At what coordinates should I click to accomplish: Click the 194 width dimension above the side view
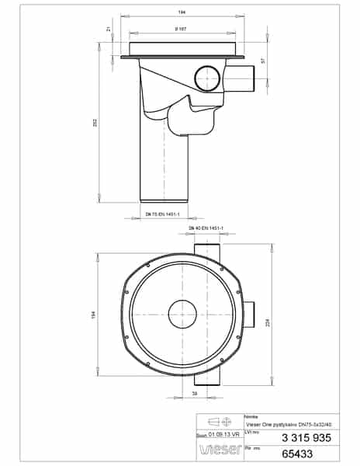coord(182,14)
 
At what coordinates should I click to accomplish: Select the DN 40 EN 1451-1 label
coord(206,228)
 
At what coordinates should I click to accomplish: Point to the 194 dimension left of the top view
coord(94,315)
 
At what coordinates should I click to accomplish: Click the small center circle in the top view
coord(184,315)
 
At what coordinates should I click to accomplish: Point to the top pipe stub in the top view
coord(206,250)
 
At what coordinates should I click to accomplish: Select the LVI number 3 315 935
coord(292,437)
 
